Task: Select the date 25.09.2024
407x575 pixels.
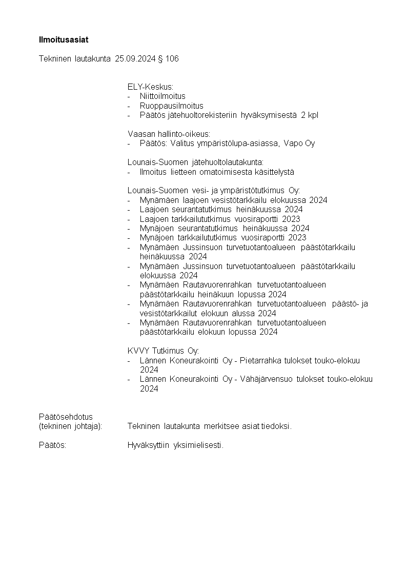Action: point(135,59)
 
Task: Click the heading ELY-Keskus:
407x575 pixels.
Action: point(150,87)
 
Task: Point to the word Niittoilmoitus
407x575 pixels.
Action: point(162,96)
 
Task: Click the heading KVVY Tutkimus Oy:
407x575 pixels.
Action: point(163,351)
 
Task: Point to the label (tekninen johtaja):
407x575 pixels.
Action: point(71,426)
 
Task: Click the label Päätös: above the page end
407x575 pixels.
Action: point(53,445)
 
